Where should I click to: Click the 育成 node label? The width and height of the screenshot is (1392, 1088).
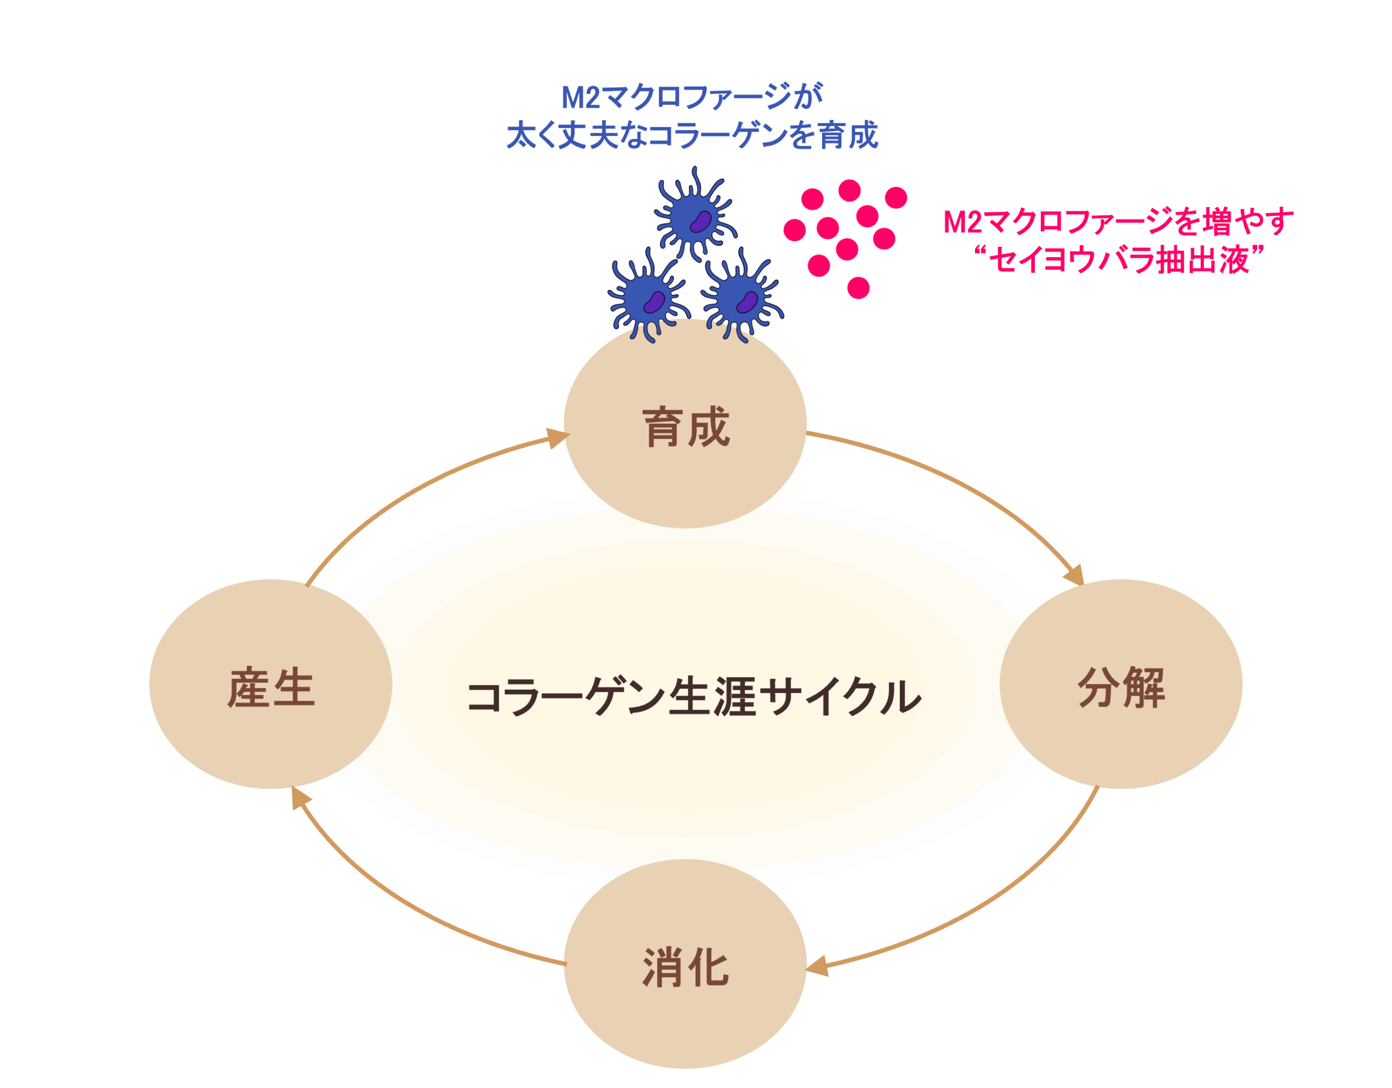(x=685, y=427)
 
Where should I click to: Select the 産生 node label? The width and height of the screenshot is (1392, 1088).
(x=271, y=688)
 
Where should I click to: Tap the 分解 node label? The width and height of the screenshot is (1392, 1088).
(x=1121, y=687)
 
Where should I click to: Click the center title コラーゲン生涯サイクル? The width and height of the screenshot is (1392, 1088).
(x=693, y=696)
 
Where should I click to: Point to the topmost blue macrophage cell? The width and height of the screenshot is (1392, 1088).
(x=695, y=217)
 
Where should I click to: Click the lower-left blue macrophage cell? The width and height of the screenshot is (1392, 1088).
(x=648, y=298)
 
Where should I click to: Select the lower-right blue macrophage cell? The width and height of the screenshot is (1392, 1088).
(x=741, y=298)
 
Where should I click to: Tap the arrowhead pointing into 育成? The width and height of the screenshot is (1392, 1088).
(x=557, y=437)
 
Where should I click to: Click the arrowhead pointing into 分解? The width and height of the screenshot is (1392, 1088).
(x=1074, y=575)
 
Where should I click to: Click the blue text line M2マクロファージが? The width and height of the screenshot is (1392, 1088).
(x=692, y=97)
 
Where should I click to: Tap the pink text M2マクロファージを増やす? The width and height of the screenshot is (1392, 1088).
(x=1118, y=222)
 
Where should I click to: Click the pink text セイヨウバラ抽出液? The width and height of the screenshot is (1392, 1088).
(x=1118, y=260)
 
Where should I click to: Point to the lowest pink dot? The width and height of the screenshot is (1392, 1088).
(x=859, y=288)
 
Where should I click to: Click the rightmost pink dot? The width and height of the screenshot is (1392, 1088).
(x=896, y=197)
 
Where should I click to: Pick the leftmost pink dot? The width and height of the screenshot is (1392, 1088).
(x=795, y=230)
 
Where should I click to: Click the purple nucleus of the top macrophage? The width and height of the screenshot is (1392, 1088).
(x=701, y=222)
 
